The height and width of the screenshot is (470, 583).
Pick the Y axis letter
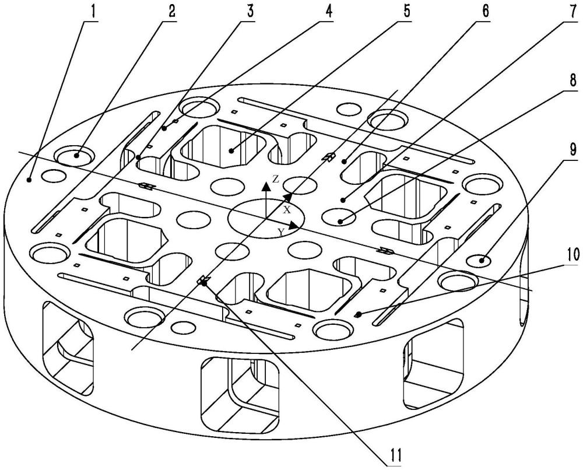click(281, 232)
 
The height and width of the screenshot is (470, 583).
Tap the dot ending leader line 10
click(359, 314)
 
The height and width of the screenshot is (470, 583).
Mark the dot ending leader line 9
click(482, 260)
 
